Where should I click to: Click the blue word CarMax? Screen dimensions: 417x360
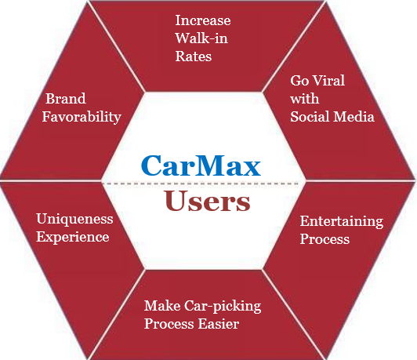(201, 165)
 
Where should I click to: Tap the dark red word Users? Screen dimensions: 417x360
(207, 201)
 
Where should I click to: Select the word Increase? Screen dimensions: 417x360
(203, 20)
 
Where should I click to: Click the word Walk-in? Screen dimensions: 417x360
(201, 38)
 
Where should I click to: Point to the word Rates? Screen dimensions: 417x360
(194, 56)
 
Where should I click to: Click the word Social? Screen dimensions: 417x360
(310, 117)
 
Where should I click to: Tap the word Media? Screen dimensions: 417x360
(354, 117)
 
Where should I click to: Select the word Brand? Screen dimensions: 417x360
(66, 99)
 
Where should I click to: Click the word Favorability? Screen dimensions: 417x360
(82, 118)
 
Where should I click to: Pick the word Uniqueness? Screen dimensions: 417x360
(74, 220)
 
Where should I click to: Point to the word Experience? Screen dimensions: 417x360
(73, 238)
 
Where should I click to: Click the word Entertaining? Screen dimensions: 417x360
(342, 222)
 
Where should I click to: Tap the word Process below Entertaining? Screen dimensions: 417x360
(325, 238)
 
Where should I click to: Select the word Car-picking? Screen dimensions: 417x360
(223, 306)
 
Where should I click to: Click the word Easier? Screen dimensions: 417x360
(219, 324)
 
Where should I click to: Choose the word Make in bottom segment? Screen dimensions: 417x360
(162, 305)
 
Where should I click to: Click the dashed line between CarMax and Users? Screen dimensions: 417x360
(201, 184)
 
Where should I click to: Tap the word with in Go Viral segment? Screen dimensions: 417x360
(304, 99)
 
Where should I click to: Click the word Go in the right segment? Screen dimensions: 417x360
(299, 80)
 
